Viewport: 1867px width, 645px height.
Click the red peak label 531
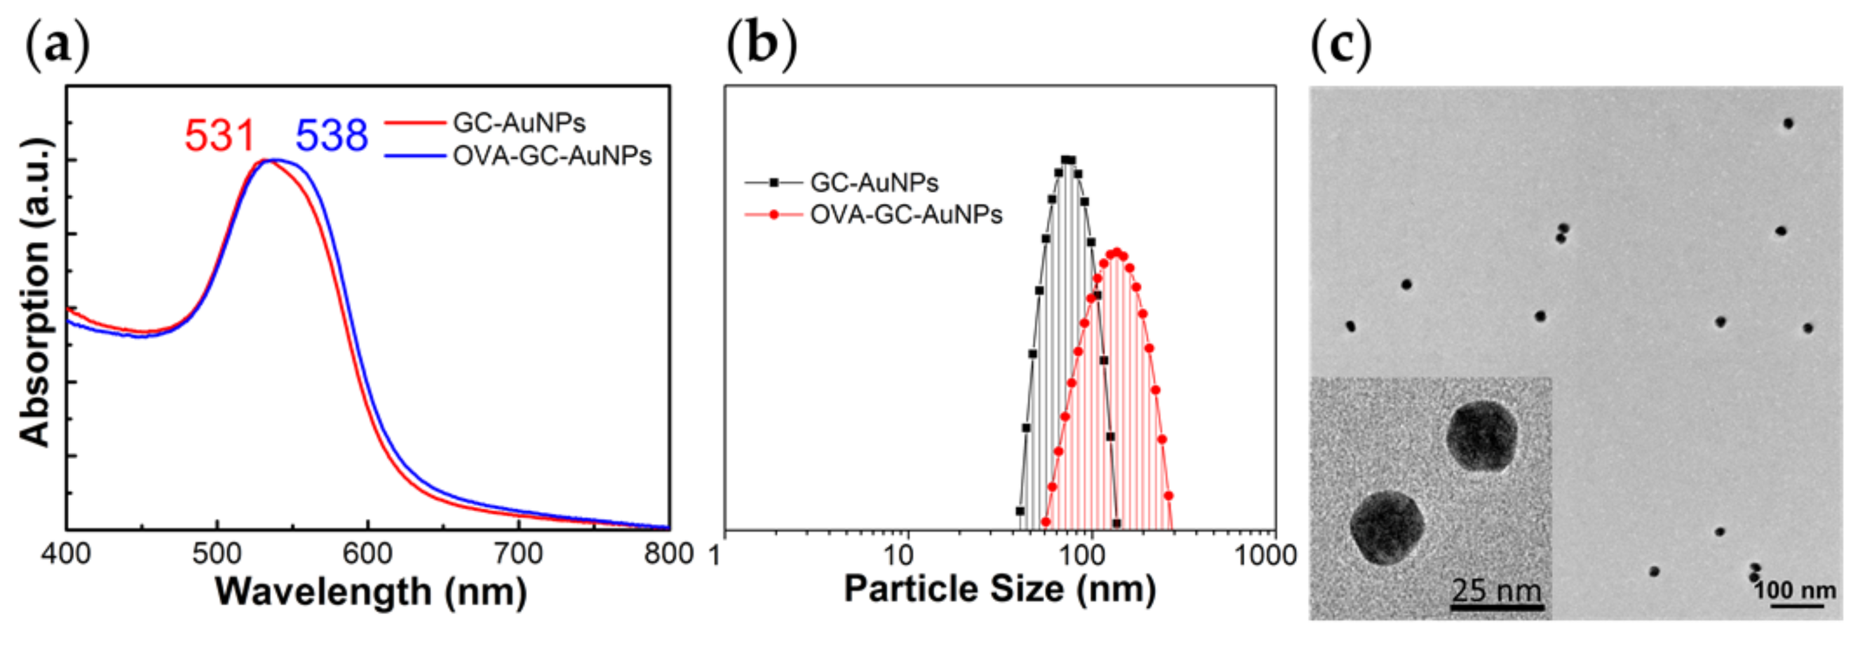[x=220, y=135]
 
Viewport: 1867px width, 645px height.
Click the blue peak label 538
[x=331, y=135]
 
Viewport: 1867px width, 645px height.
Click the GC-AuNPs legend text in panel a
[x=519, y=123]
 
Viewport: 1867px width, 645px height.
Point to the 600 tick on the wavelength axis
[x=367, y=554]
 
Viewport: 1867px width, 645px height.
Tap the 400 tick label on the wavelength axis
[x=66, y=554]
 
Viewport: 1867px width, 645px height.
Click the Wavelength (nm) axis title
[x=371, y=592]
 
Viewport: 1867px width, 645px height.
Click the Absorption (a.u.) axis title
[x=35, y=292]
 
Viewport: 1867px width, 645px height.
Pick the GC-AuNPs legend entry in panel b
[x=873, y=182]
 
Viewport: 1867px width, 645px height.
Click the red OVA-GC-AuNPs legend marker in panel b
[x=774, y=215]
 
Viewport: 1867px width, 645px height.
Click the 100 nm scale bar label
[x=1795, y=590]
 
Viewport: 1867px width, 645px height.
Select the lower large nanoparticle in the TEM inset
[x=1387, y=527]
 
